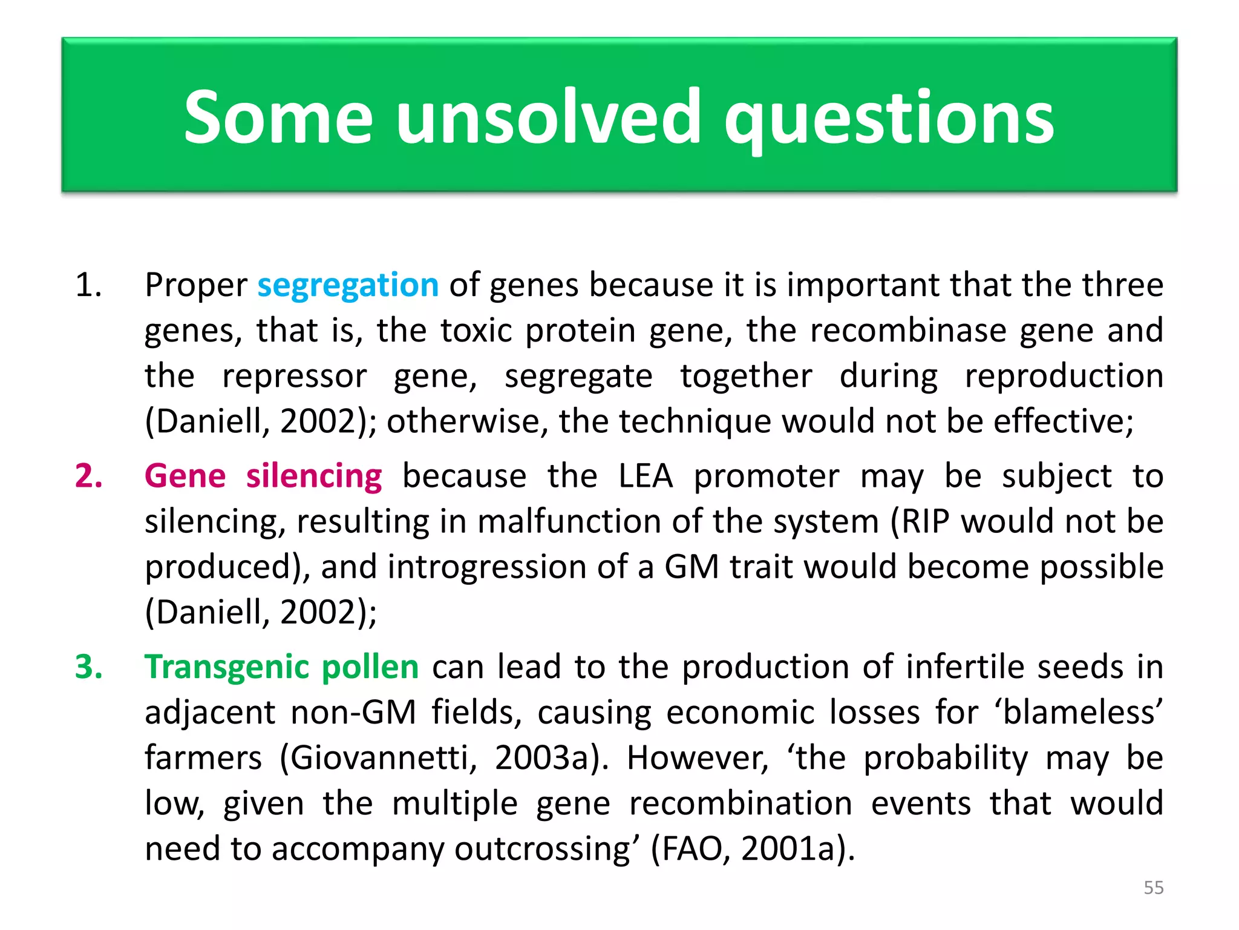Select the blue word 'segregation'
click(348, 286)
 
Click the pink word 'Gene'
click(185, 476)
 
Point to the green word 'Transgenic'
click(227, 668)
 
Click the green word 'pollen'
click(370, 667)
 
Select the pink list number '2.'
click(88, 476)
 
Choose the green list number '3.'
click(88, 667)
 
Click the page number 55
click(1153, 888)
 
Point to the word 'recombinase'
click(908, 331)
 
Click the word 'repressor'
click(294, 377)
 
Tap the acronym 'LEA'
click(645, 476)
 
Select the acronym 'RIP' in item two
click(926, 521)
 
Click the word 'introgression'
click(487, 567)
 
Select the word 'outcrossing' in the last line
click(542, 849)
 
